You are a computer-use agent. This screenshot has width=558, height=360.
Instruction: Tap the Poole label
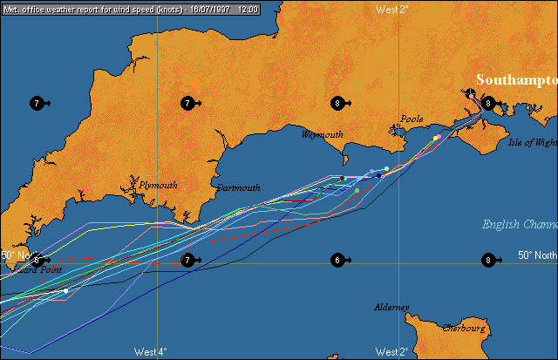(412, 119)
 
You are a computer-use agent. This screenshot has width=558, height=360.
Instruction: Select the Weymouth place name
(322, 135)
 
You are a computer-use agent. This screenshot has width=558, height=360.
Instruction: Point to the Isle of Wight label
(532, 141)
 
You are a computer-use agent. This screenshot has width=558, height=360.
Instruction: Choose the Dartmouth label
(238, 187)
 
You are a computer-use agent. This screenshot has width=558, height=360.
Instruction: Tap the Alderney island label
(391, 308)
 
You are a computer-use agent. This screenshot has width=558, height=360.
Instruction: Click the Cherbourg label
(464, 329)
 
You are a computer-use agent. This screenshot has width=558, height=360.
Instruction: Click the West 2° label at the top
(391, 9)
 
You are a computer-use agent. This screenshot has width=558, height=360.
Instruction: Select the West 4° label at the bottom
(150, 352)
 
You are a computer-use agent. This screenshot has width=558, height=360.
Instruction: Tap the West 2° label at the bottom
(391, 352)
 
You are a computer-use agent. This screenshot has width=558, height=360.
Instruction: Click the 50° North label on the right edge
(536, 255)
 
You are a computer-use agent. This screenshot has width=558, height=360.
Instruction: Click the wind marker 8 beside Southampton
(489, 103)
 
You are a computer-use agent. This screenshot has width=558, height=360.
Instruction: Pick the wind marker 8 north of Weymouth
(337, 103)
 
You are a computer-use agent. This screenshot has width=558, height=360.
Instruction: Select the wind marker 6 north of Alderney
(337, 260)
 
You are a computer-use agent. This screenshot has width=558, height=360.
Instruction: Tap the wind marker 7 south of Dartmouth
(187, 260)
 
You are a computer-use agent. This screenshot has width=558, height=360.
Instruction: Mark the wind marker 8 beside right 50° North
(489, 260)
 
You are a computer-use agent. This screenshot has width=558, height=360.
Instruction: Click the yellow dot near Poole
(436, 138)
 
